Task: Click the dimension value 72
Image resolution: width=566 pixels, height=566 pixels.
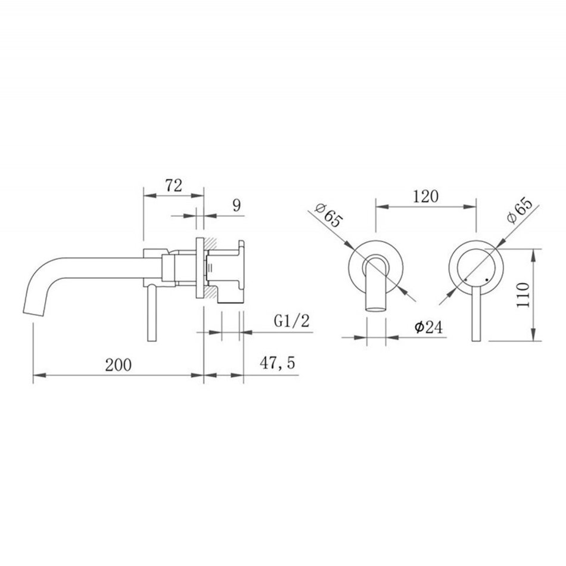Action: click(173, 185)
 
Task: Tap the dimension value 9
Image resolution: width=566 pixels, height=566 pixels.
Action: click(237, 206)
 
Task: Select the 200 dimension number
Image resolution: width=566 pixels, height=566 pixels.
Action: click(119, 365)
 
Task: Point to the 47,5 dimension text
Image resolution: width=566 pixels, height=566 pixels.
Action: click(277, 363)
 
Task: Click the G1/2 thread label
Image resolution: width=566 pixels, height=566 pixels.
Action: click(292, 321)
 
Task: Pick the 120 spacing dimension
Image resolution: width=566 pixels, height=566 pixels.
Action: click(425, 197)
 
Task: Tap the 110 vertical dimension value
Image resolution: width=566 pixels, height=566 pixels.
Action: click(523, 295)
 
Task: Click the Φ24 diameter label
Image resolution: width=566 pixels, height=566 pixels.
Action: click(428, 327)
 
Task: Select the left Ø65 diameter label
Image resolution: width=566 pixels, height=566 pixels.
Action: click(328, 215)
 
